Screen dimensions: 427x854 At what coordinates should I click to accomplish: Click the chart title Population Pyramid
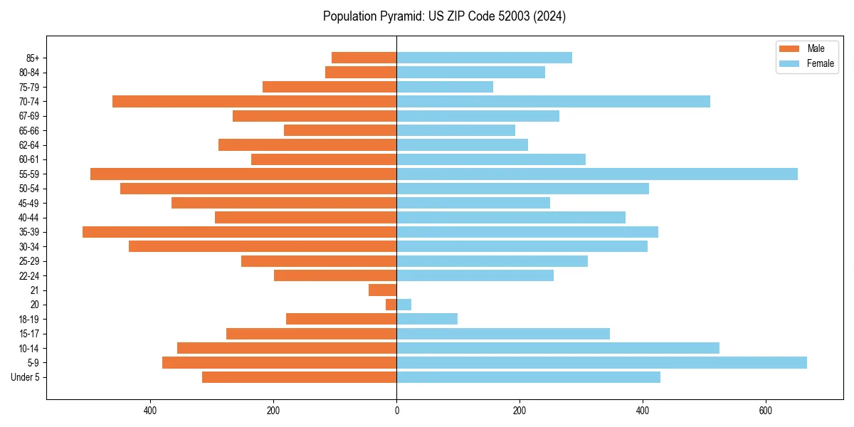click(444, 16)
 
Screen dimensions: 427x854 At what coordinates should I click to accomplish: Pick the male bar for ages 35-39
click(239, 232)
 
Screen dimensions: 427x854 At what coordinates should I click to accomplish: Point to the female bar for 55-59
click(596, 174)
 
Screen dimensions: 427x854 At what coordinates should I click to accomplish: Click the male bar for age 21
click(382, 290)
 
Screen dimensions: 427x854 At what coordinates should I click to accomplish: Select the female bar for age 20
click(404, 305)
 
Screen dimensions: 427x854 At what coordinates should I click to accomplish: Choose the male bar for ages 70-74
click(254, 102)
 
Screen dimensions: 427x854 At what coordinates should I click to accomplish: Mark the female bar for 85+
click(484, 58)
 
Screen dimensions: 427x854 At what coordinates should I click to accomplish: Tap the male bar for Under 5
click(299, 377)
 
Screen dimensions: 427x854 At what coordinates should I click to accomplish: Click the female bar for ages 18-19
click(427, 319)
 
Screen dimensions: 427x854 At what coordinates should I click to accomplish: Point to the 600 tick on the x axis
click(766, 411)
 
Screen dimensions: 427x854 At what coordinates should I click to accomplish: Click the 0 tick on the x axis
click(396, 411)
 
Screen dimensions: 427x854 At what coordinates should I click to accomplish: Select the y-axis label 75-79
click(29, 87)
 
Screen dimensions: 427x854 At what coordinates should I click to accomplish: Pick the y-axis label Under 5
click(26, 377)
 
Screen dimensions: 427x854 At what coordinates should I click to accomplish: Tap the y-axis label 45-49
click(29, 203)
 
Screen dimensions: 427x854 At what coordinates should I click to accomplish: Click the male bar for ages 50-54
click(258, 189)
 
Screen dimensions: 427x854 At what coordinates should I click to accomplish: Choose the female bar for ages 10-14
click(557, 348)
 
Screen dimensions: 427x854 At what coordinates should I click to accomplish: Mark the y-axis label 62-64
click(29, 145)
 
